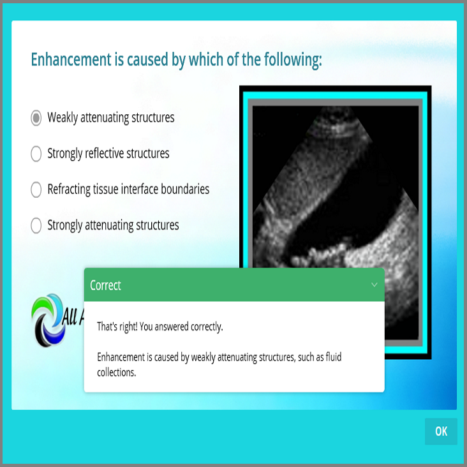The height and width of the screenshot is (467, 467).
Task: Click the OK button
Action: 441,431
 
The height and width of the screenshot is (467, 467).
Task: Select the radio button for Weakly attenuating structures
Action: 36,118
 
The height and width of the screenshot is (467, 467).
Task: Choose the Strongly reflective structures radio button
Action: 36,154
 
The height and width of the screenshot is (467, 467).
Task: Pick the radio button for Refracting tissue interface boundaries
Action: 36,189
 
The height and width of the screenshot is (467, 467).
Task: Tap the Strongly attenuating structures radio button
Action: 36,225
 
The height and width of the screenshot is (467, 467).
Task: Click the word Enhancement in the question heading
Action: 71,59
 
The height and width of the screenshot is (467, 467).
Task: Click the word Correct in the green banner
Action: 105,285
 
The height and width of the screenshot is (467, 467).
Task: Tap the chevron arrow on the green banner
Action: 374,285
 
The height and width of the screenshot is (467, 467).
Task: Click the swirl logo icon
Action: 48,320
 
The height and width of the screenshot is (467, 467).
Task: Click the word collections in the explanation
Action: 117,373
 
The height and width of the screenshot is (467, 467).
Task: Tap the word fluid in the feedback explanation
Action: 334,357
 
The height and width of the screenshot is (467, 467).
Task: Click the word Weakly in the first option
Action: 63,117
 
